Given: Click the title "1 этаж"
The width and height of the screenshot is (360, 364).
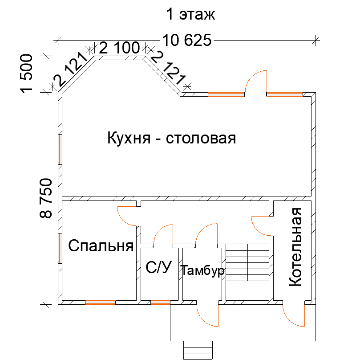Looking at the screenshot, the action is pyautogui.click(x=190, y=14).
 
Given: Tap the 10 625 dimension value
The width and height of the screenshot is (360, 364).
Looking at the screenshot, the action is pyautogui.click(x=187, y=40).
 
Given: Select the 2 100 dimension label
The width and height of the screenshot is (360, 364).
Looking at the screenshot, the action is pyautogui.click(x=120, y=48).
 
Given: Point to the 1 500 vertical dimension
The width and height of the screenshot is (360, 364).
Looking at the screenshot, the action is pyautogui.click(x=27, y=74).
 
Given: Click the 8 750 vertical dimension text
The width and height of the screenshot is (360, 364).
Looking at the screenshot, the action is pyautogui.click(x=46, y=198).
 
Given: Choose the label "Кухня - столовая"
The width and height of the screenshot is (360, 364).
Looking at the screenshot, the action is pyautogui.click(x=171, y=138).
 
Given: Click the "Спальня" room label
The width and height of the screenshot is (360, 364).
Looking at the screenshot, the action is pyautogui.click(x=101, y=245).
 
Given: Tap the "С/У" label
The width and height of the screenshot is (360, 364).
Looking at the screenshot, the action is pyautogui.click(x=159, y=267).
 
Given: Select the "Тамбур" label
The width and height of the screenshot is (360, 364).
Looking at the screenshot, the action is pyautogui.click(x=202, y=270).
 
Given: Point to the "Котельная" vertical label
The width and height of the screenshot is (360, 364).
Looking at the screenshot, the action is pyautogui.click(x=295, y=247).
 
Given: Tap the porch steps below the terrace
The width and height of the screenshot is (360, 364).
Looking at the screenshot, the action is pyautogui.click(x=198, y=350).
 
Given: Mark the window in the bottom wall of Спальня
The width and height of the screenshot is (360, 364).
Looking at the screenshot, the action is pyautogui.click(x=101, y=302).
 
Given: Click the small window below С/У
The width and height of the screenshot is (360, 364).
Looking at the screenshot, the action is pyautogui.click(x=160, y=302).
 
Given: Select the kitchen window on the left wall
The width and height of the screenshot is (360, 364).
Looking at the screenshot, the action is pyautogui.click(x=60, y=149).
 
